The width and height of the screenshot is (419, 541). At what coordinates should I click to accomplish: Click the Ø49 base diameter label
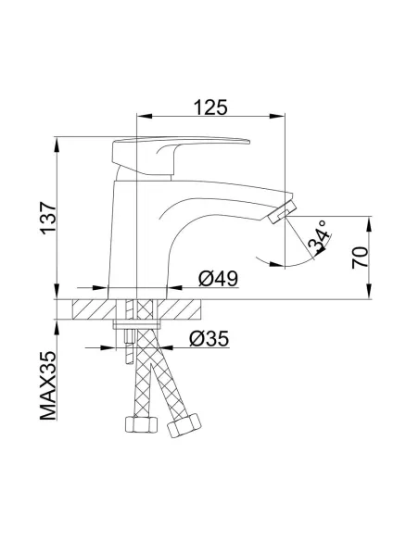[x=219, y=277]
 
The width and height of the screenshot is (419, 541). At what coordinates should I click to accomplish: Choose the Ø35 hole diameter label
[x=210, y=339]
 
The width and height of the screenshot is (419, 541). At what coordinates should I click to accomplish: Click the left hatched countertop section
[x=89, y=309]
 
